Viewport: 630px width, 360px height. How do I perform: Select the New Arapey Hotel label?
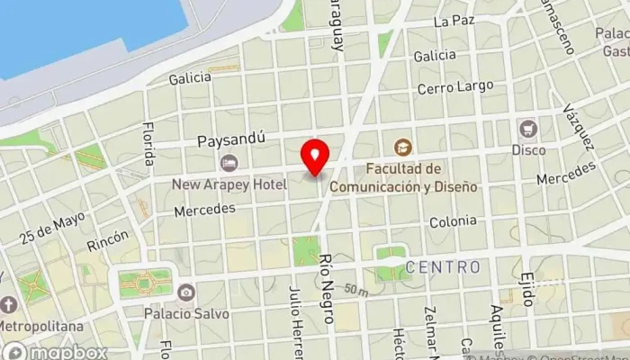(x=229, y=184)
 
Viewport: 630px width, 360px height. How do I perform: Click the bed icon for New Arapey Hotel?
(x=229, y=163)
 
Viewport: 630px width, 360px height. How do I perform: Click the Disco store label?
(x=528, y=149)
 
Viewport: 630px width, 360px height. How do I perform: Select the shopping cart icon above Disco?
(x=527, y=129)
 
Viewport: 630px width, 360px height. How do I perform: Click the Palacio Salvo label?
(x=186, y=313)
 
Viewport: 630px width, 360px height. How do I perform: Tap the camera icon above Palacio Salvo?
(x=185, y=292)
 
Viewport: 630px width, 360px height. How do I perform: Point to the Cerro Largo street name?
(x=454, y=87)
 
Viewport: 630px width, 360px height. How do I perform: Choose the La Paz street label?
(x=453, y=20)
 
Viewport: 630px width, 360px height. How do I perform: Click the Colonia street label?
(x=453, y=221)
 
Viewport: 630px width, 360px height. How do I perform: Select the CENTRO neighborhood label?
(x=442, y=267)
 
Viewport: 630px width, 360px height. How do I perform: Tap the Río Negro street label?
(x=326, y=287)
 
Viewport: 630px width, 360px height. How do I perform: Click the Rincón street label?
(x=108, y=241)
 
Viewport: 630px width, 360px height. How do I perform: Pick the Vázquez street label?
(x=577, y=128)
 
